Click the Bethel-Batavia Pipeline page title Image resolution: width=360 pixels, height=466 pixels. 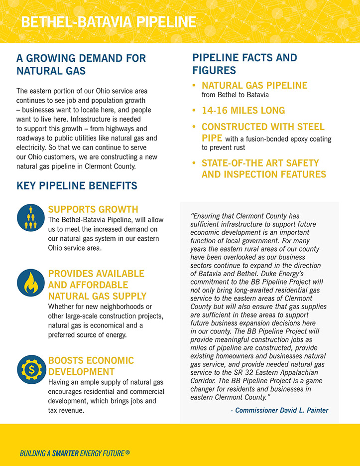tap(108, 22)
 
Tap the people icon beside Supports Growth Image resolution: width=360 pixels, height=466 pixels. tap(31, 218)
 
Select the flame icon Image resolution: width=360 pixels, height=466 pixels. tap(31, 283)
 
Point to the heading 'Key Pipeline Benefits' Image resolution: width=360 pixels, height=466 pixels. tap(77, 186)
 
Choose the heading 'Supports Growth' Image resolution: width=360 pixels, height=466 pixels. tap(93, 209)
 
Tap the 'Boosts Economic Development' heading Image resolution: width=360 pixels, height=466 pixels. tap(91, 366)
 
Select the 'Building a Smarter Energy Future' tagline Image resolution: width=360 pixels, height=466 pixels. tap(75, 454)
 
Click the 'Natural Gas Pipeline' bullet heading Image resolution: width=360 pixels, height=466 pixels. tap(254, 85)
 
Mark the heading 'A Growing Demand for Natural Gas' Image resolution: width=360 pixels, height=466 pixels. tap(81, 64)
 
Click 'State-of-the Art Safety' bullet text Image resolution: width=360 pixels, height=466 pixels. tap(260, 163)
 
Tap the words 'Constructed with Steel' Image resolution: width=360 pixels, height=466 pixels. tap(263, 127)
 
